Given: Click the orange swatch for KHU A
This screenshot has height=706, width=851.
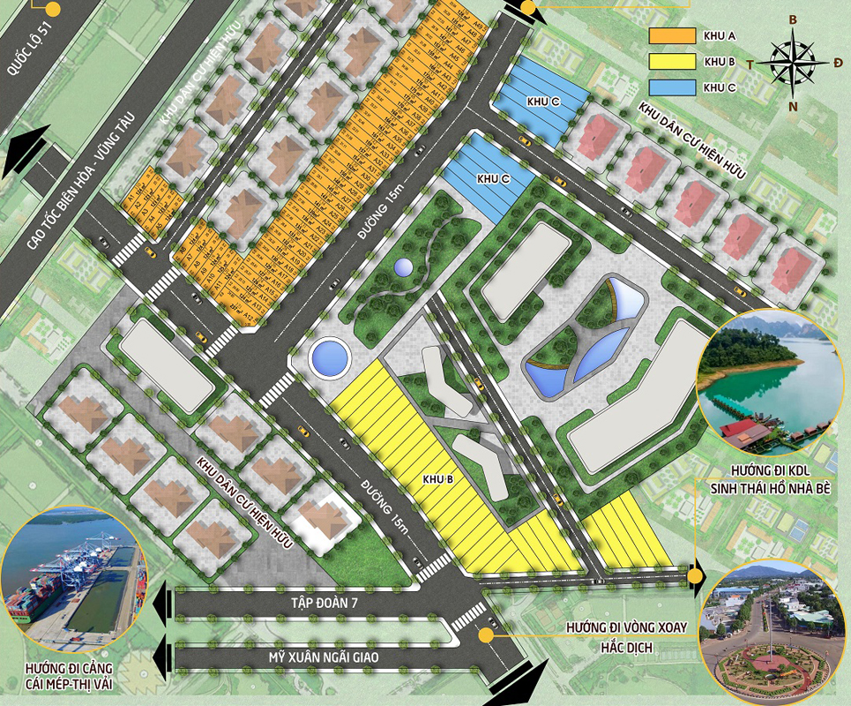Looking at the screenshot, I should (671, 36).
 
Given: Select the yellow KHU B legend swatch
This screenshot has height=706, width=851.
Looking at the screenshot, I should (671, 62).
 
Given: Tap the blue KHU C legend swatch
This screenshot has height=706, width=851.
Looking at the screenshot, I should (671, 87).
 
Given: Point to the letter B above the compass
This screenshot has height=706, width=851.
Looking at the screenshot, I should (793, 19).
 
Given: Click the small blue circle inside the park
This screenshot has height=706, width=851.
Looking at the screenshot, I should (403, 267).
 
